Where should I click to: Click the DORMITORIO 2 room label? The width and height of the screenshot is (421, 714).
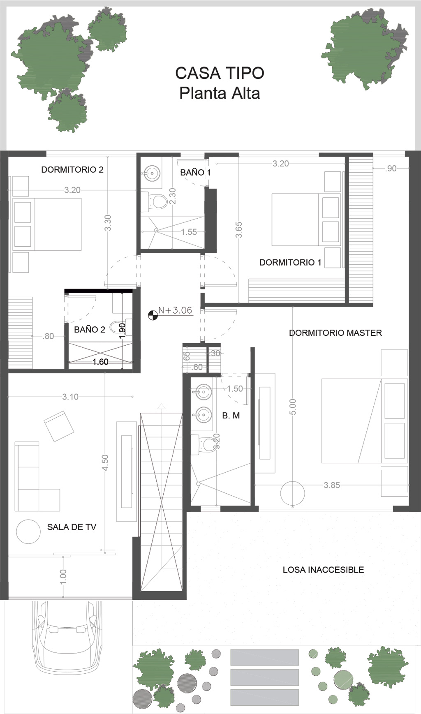click(72, 169)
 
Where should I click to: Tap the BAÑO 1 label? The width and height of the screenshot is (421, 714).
click(195, 173)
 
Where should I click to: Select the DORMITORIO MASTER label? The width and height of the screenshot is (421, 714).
click(335, 333)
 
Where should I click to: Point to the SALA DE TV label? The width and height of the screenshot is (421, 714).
click(72, 527)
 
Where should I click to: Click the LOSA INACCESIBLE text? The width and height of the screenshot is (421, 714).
click(323, 570)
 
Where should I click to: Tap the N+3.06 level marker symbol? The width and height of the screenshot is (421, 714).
click(153, 316)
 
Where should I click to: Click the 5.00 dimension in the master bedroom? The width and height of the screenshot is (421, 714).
click(293, 407)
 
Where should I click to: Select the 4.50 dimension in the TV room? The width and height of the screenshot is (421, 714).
click(105, 462)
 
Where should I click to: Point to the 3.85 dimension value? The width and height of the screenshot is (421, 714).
click(332, 485)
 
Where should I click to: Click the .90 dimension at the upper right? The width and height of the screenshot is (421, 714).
click(391, 169)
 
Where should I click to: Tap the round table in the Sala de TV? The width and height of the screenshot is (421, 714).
click(28, 531)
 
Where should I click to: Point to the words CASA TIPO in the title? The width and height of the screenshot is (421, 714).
click(220, 73)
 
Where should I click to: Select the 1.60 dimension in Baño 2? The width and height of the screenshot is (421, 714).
click(100, 362)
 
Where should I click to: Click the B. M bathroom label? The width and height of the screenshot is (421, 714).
click(231, 416)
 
